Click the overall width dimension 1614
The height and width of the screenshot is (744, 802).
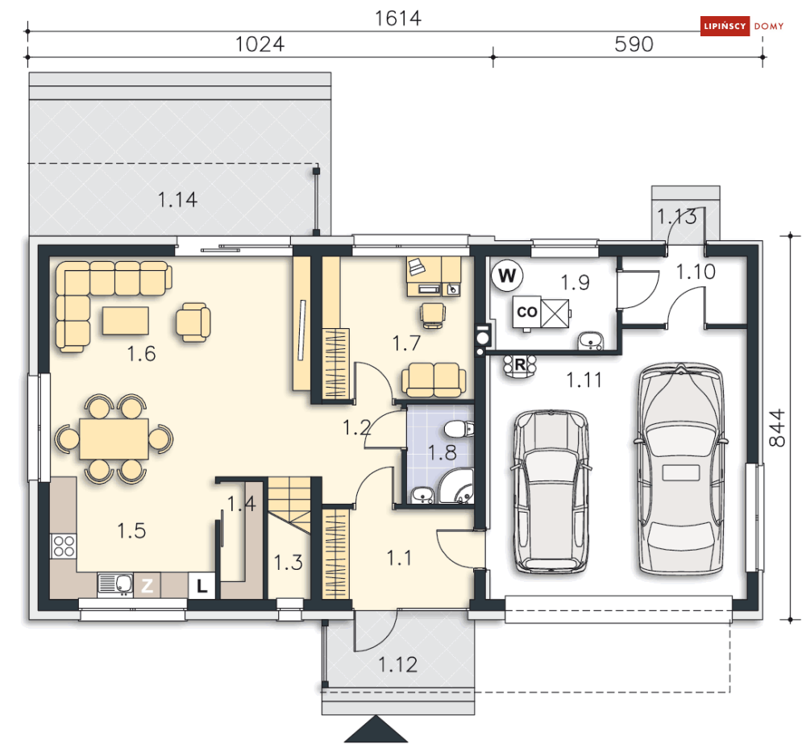[x=398, y=19]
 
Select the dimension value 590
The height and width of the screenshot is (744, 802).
[x=634, y=44]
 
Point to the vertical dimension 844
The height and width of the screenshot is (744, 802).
[x=777, y=428]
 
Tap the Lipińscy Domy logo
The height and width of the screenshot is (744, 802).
[x=742, y=26]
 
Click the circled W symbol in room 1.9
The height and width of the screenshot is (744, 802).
[x=507, y=276]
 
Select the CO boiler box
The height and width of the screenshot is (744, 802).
[x=527, y=312]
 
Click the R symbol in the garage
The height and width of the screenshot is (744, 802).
[x=520, y=365]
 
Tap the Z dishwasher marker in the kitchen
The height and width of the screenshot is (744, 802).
[x=147, y=585]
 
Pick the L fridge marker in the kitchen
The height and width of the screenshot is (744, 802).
[x=202, y=585]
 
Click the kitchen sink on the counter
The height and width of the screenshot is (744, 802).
[x=115, y=584]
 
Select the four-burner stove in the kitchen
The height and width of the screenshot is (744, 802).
[x=64, y=546]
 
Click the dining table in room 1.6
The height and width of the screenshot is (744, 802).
[x=114, y=439]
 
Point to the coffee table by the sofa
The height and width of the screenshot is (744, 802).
[x=126, y=321]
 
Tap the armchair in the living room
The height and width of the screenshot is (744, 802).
[x=193, y=322]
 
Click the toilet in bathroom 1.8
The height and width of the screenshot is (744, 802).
[x=459, y=429]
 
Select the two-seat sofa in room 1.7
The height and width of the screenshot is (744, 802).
[x=434, y=380]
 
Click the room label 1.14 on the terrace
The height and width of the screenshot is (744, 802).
[x=177, y=199]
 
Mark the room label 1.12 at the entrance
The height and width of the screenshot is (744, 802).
[x=397, y=665]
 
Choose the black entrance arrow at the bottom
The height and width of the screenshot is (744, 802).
[x=376, y=729]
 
